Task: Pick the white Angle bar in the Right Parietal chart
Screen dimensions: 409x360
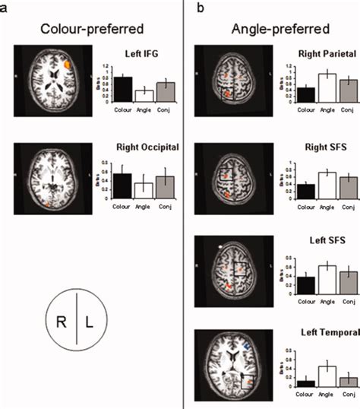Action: [305, 87]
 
